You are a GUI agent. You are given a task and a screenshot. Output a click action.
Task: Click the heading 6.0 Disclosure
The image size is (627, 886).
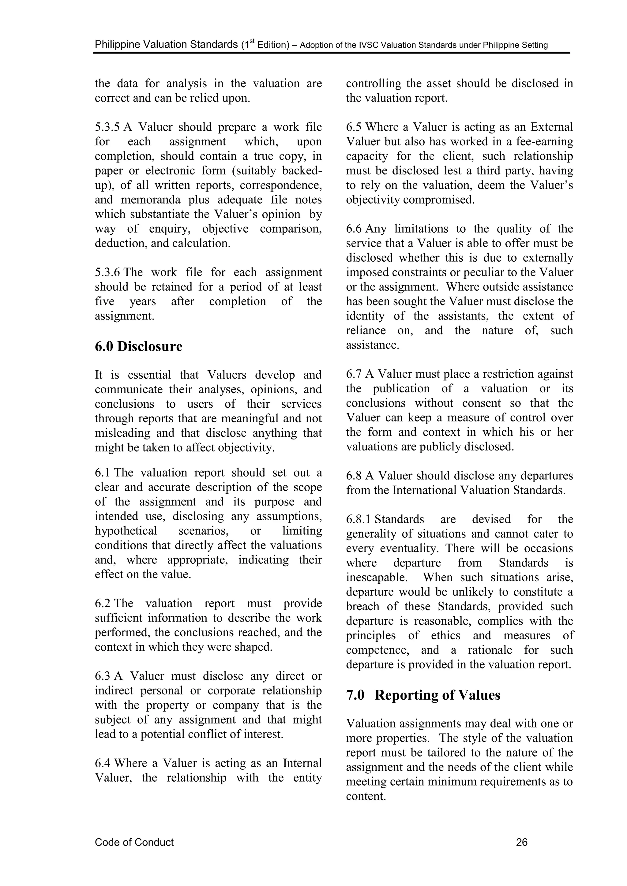pos(138,346)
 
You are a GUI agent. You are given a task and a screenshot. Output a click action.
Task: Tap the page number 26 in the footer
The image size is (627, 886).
pos(522,842)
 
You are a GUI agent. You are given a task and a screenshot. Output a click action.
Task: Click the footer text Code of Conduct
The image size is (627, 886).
pos(134,842)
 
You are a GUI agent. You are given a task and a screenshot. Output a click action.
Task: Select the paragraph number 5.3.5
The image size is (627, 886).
pos(108,127)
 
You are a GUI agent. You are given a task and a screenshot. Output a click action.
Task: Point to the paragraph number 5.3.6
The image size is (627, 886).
pos(108,272)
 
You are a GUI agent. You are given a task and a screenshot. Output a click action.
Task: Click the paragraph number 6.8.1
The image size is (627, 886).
pos(359,519)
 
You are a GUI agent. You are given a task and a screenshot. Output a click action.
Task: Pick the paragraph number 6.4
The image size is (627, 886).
pos(103,763)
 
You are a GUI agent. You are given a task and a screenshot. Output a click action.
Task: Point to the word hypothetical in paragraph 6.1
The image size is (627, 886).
pos(126,531)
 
